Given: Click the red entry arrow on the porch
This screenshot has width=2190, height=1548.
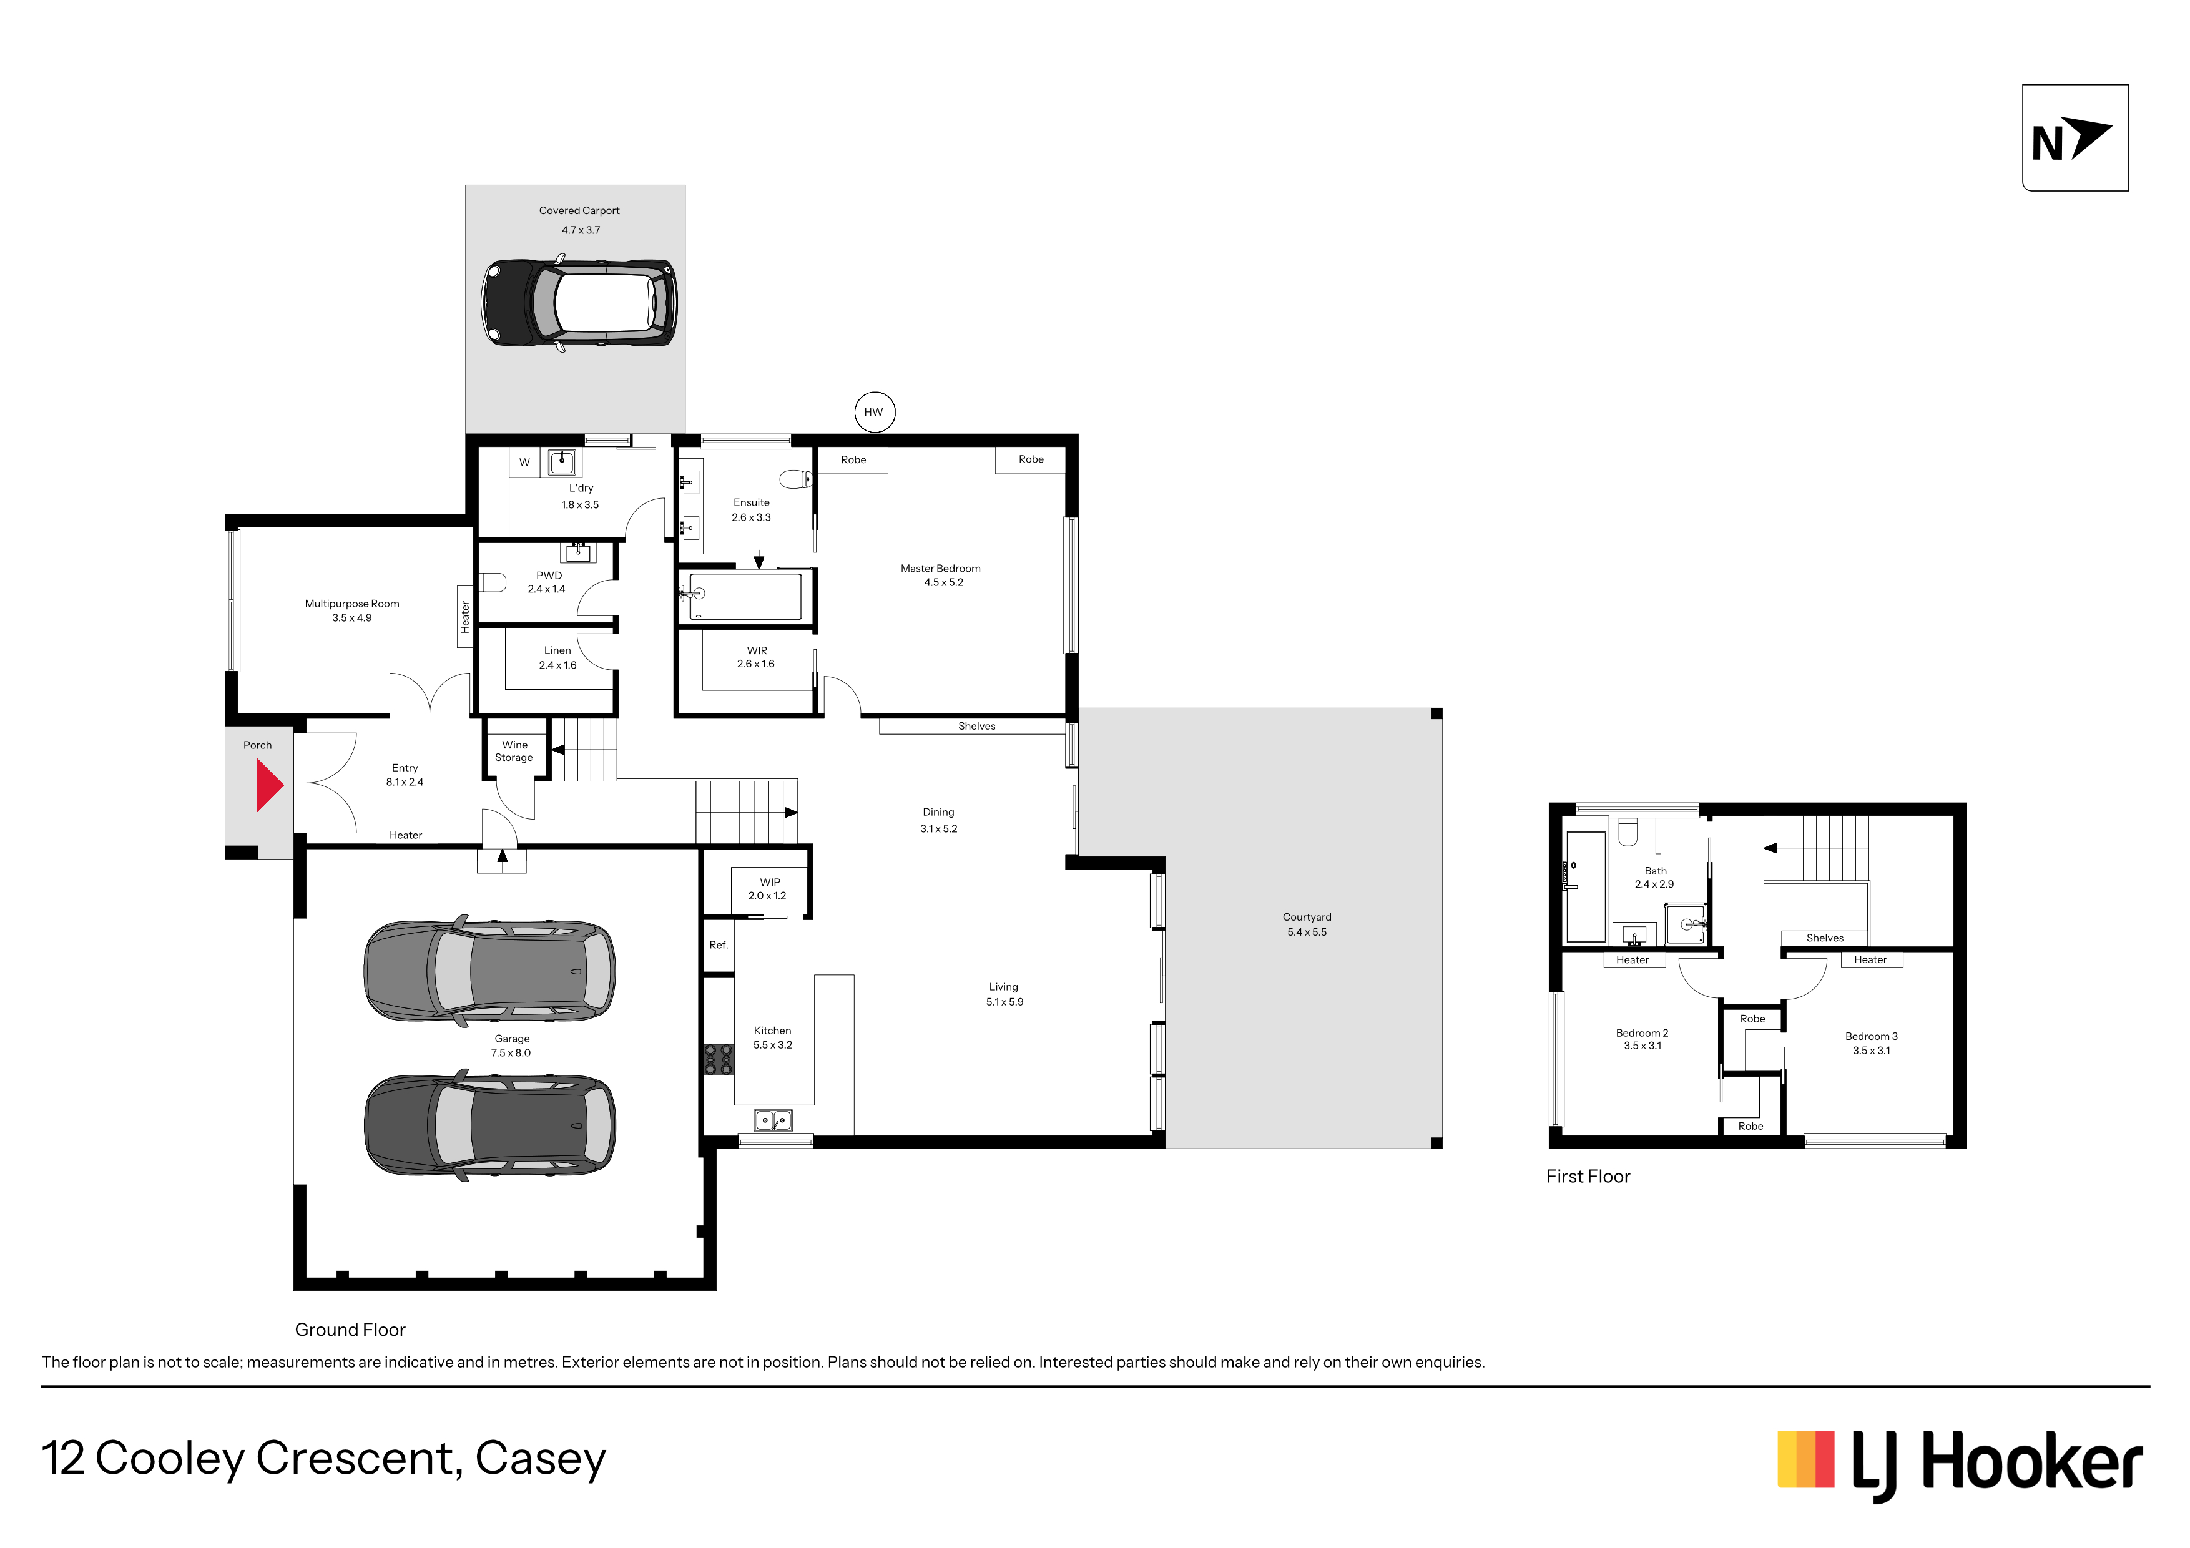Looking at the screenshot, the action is coord(269,786).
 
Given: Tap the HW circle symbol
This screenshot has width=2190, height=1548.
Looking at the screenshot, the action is coord(874,412).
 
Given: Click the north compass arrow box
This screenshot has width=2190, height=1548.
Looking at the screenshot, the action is coord(2076,137).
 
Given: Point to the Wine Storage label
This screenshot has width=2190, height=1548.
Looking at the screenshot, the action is coord(514,751).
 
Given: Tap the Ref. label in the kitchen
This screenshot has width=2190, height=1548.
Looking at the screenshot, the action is coord(718,945).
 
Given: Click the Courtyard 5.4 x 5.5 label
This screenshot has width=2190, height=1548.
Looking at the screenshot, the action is coord(1307,924).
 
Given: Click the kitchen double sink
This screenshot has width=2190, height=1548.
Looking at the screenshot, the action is coord(773,1120).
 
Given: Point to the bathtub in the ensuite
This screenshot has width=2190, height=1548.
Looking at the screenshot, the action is coord(741,596).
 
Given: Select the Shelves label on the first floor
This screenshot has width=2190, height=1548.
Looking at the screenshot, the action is coord(1825,938).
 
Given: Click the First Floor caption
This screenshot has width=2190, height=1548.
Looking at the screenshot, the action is coord(1588,1176).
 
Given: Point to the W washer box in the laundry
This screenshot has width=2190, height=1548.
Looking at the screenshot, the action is coord(524,462).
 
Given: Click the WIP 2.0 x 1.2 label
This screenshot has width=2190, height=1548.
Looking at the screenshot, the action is coord(768,889).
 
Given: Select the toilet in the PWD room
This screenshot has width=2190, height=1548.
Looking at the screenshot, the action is coord(492,582).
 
